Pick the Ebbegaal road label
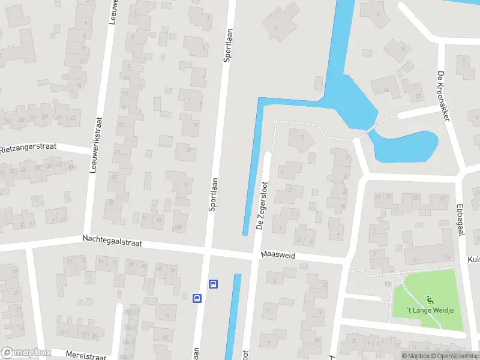[461, 222]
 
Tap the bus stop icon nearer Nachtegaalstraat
[212, 284]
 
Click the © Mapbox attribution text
[416, 356]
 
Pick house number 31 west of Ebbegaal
[379, 197]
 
